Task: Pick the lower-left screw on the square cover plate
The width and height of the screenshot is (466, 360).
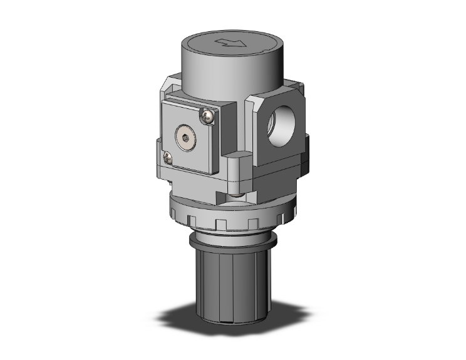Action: (167, 157)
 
